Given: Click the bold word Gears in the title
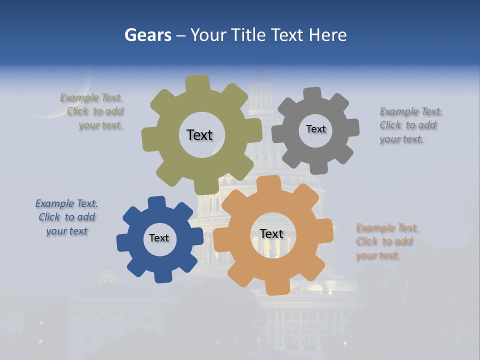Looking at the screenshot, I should [x=147, y=35].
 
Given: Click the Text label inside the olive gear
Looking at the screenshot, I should [x=199, y=135].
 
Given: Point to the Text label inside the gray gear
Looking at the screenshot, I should [x=315, y=129].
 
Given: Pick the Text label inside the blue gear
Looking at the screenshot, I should [x=159, y=238].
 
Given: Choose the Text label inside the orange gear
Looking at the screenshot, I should [x=271, y=233].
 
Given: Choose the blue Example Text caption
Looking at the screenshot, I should [x=66, y=217].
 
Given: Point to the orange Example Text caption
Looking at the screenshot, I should [x=386, y=241].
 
